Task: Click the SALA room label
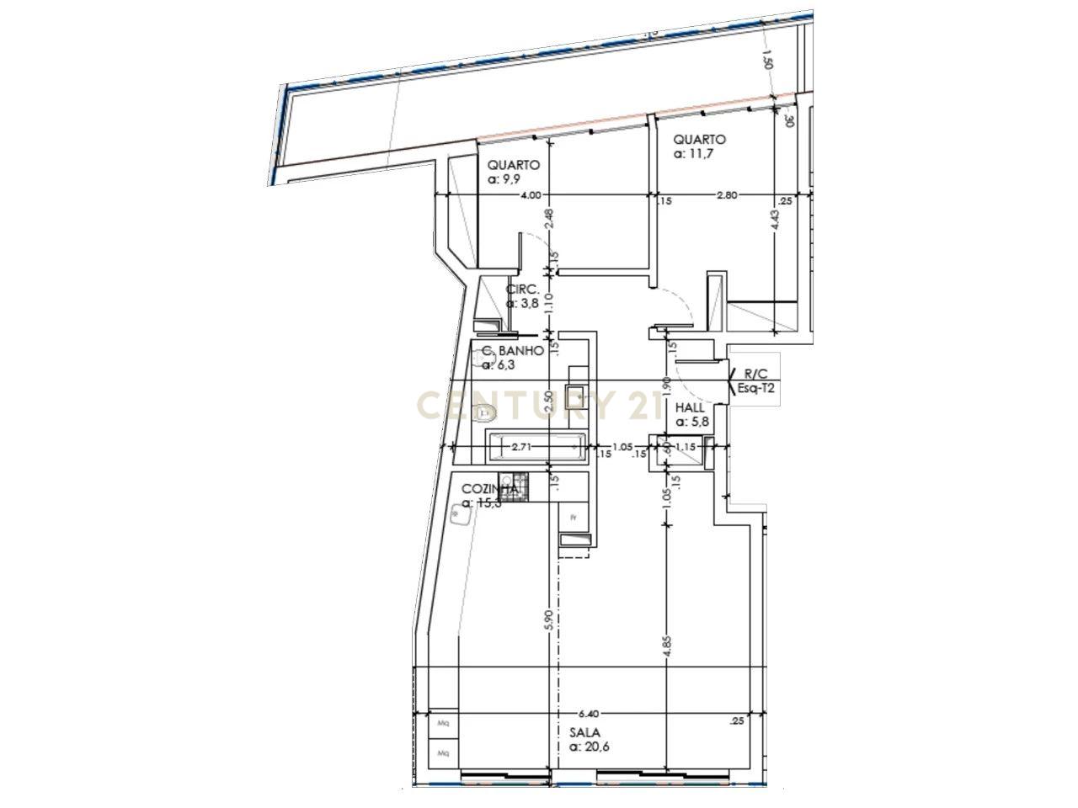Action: point(584,733)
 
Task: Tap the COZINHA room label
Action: point(488,489)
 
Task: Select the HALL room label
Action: point(690,407)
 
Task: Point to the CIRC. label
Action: point(521,290)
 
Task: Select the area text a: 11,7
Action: point(693,154)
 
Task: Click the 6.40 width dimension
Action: point(588,712)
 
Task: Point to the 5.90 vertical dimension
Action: point(548,621)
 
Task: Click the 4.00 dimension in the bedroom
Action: point(531,196)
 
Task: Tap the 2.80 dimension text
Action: point(726,195)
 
